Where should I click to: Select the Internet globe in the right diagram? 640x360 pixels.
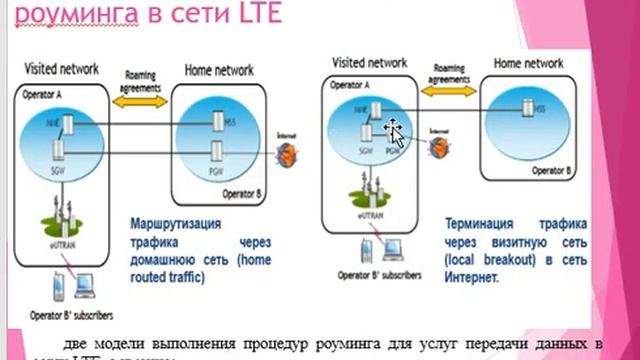(436, 147)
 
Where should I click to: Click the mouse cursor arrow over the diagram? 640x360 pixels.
(396, 134)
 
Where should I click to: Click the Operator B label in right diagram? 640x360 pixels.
(550, 170)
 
